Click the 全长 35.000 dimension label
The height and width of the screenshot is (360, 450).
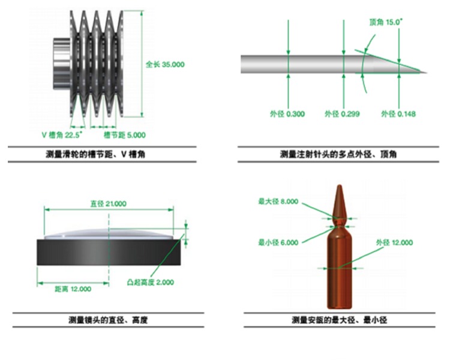click(165, 64)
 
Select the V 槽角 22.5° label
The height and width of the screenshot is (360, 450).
click(62, 134)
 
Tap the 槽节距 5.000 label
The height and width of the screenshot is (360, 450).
click(125, 134)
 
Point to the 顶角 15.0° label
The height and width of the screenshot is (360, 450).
click(386, 22)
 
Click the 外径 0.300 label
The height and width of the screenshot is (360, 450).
click(287, 114)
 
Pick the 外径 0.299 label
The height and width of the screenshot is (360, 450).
click(342, 114)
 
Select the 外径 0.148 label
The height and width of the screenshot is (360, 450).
click(398, 114)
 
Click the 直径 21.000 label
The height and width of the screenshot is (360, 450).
click(109, 204)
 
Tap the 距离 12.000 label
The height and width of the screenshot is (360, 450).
click(73, 289)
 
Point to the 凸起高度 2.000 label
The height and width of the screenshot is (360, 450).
click(151, 282)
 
